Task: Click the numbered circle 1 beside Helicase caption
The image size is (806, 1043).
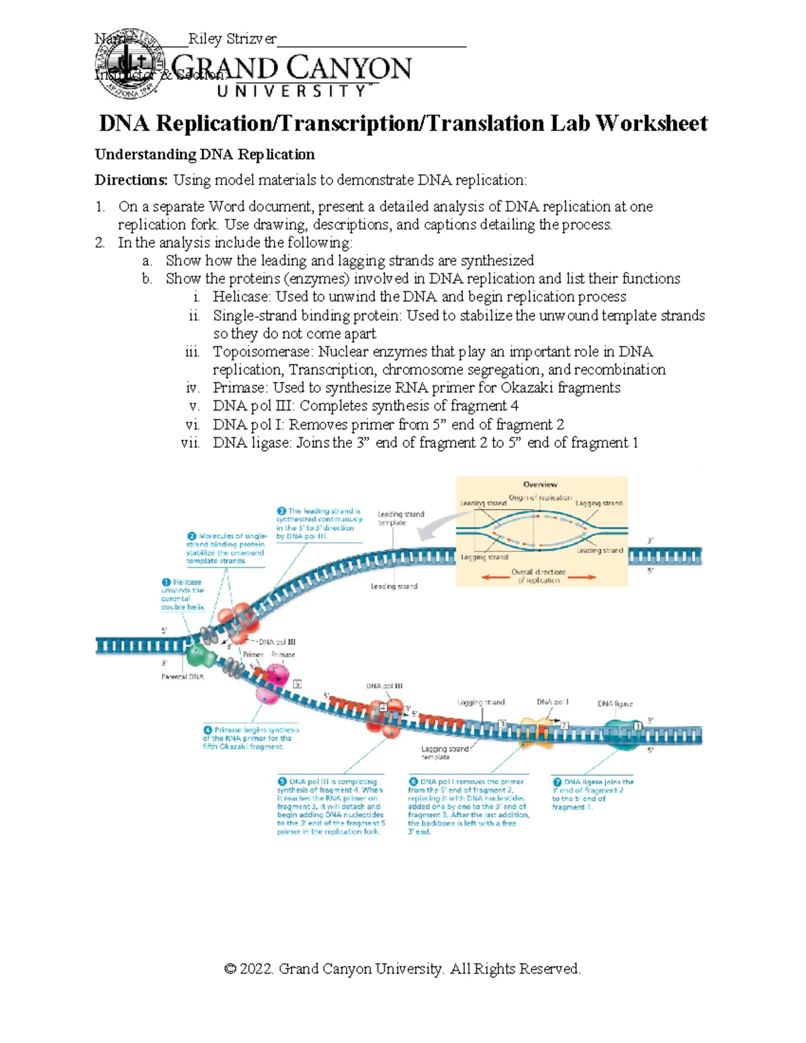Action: point(166,582)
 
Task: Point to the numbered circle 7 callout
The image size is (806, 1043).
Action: point(557,782)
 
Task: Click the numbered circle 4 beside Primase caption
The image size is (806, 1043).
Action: point(208,730)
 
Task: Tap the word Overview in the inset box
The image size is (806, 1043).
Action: point(540,484)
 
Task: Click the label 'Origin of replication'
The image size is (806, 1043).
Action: point(540,498)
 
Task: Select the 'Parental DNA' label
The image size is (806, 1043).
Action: point(182,677)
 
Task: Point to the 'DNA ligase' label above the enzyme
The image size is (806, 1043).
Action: point(615,704)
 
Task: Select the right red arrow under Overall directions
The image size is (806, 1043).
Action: point(582,577)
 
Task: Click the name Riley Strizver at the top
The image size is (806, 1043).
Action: point(232,39)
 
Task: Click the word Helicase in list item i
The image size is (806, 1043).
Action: point(236,297)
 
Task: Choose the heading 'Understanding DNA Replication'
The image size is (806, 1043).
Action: point(204,154)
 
